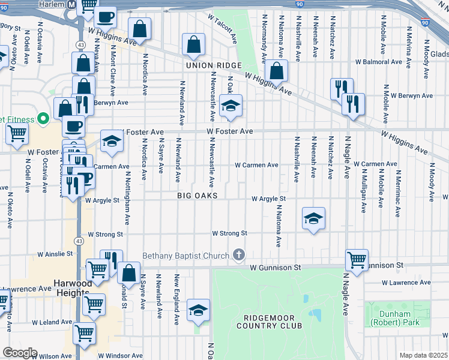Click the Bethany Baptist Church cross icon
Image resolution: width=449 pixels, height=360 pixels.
click(x=240, y=256)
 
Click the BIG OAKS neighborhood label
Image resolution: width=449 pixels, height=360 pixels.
click(x=196, y=196)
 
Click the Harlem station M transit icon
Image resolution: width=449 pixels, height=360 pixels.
click(x=71, y=4)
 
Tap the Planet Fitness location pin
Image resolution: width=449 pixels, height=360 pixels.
click(x=43, y=119)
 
